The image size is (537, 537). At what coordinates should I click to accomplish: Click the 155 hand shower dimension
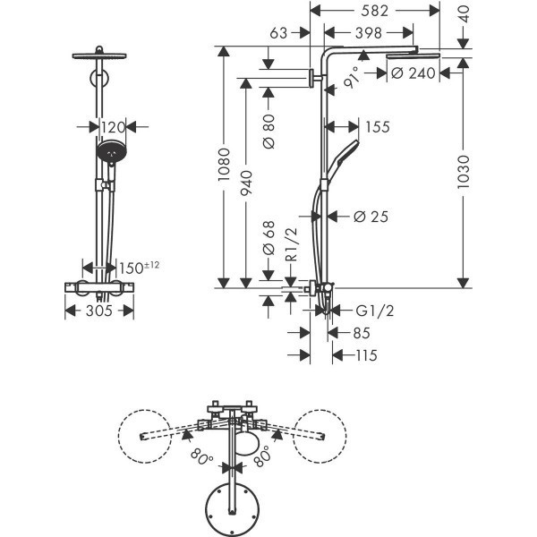[378, 127]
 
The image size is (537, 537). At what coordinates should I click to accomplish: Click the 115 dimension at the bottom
[363, 356]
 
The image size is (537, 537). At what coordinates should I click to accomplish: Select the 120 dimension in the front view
[112, 127]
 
